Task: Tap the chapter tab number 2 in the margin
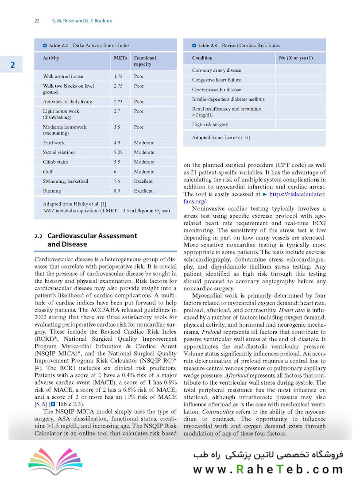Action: (x=13, y=65)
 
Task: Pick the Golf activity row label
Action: (x=48, y=172)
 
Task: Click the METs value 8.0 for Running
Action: (x=117, y=191)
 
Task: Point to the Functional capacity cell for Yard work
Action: (x=144, y=143)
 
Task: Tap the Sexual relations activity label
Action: (x=59, y=152)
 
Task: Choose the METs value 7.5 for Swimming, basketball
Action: (x=117, y=181)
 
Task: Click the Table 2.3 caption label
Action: (x=207, y=45)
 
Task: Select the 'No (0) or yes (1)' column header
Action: (x=296, y=58)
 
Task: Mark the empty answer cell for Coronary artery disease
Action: (x=300, y=70)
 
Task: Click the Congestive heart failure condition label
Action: (x=217, y=80)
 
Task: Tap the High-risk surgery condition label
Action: (x=210, y=125)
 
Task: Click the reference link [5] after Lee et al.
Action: (x=247, y=138)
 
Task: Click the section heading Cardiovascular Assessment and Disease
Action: (x=92, y=240)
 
